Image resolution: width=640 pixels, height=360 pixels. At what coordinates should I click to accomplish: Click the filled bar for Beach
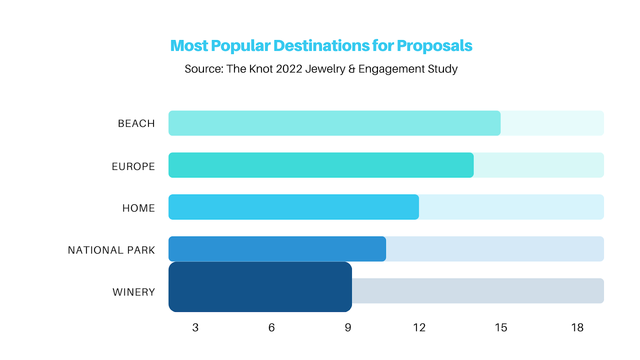coord(334,123)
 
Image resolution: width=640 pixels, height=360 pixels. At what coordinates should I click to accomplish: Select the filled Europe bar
coord(321,165)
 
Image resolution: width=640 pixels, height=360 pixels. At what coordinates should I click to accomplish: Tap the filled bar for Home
coord(294,207)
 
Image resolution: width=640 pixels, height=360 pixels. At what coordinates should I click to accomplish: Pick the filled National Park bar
coord(277,249)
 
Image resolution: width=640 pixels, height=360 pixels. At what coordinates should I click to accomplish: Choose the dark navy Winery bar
coord(260,287)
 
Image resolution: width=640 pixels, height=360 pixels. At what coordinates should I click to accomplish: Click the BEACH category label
coord(136,124)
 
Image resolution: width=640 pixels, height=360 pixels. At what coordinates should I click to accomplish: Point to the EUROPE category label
coord(133,166)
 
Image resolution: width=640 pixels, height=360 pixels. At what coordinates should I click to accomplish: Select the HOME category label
coord(138,208)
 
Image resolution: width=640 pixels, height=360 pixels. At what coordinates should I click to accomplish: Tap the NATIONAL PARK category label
coord(111,250)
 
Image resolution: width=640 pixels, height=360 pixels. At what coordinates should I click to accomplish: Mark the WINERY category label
coord(134,292)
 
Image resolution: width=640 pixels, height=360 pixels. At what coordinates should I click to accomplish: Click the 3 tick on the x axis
coord(195,328)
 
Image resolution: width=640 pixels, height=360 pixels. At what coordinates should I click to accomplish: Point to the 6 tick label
coord(272,328)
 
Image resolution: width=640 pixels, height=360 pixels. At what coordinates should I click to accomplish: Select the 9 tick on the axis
coord(348,328)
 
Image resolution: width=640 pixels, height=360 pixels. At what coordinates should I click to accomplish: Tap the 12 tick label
coord(419,328)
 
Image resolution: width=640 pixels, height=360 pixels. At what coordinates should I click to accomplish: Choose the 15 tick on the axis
coord(501,328)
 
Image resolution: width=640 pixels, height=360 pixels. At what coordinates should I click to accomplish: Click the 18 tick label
coord(577,328)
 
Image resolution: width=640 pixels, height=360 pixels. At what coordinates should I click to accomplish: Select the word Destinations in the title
coord(321,46)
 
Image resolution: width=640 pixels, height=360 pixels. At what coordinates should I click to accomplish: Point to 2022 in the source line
coord(289,69)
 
